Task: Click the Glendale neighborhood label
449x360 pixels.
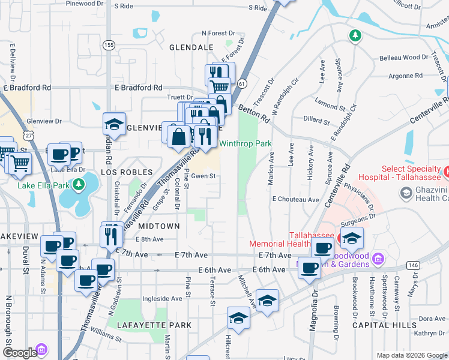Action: point(191,47)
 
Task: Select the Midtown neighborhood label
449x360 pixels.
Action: point(159,226)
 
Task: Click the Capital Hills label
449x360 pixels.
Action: point(384,325)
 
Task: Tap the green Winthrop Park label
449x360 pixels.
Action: point(245,144)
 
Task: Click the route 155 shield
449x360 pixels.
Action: point(109,45)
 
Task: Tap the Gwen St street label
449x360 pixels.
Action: point(203,176)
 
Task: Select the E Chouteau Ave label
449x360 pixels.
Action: point(295,199)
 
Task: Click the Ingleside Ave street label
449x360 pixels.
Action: point(162,298)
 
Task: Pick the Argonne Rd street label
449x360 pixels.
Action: point(405,76)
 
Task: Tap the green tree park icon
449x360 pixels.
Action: point(355,36)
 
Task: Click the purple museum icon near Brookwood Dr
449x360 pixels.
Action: point(378,259)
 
